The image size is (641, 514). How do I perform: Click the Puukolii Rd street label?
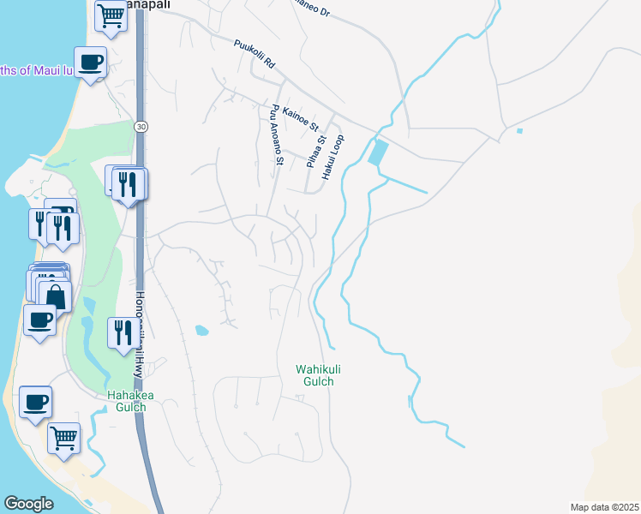click(x=253, y=53)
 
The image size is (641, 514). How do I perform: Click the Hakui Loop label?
click(x=333, y=157)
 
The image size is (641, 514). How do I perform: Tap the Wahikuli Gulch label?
click(x=318, y=375)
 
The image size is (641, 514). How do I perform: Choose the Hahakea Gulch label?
click(x=127, y=401)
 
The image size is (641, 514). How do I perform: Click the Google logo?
click(x=28, y=504)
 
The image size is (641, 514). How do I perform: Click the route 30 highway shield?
click(x=141, y=126)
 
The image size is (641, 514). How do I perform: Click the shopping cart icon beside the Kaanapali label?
click(x=111, y=15)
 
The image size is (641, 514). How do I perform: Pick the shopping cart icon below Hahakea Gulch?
click(x=63, y=438)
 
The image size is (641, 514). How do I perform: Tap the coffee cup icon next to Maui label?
click(x=91, y=62)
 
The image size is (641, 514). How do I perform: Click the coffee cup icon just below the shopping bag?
click(x=39, y=320)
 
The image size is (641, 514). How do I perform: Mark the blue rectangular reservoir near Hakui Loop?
click(x=377, y=153)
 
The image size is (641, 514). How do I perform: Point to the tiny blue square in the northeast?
click(x=519, y=131)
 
